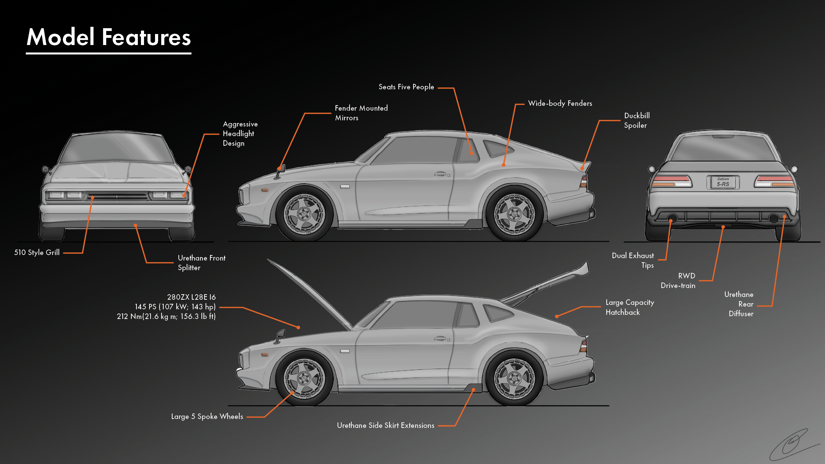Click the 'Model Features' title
[x=109, y=37]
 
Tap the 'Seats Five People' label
[x=406, y=87]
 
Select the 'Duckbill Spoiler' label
[x=637, y=120]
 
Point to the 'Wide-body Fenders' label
[x=560, y=103]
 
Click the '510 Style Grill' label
[x=37, y=252]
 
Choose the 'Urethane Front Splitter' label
[x=202, y=263]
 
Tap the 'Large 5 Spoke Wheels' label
[x=207, y=417]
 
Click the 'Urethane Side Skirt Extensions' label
[x=386, y=426]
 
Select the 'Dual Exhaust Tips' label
[x=633, y=260]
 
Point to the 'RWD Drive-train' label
[x=678, y=280]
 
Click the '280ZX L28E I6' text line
[x=191, y=297]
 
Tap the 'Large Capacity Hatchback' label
[x=630, y=307]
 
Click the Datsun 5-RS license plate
[x=723, y=182]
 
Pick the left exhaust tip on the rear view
[x=672, y=218]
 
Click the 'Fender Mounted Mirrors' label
[x=361, y=113]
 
